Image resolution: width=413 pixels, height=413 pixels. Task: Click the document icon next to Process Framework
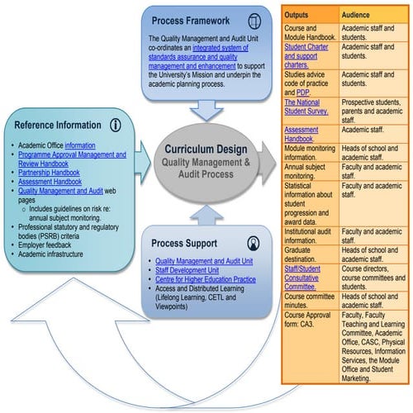254,19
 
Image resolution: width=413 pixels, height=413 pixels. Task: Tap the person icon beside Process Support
254,242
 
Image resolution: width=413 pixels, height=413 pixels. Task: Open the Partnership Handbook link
50,173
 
